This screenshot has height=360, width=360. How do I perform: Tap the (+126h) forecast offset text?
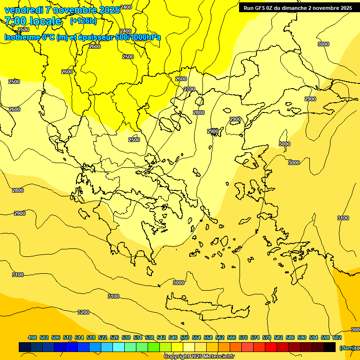83,21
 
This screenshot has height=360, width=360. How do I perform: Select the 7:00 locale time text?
33,21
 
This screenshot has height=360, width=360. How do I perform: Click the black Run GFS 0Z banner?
298,8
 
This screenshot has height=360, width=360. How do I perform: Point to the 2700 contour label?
189,89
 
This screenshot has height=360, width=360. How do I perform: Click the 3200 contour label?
83,312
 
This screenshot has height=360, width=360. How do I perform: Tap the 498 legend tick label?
32,337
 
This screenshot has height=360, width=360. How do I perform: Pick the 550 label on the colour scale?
185,337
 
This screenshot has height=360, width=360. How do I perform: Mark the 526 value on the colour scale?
114,337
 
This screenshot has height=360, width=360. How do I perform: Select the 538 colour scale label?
150,337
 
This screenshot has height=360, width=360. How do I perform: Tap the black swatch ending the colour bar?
330,347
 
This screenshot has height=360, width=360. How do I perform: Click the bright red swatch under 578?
271,347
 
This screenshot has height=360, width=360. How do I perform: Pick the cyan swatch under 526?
119,347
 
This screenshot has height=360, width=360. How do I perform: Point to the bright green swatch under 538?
154,347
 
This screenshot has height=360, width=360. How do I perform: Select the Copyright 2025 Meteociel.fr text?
199,357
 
